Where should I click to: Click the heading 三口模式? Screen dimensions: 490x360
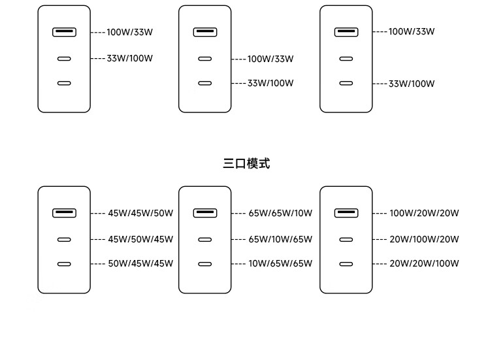[246, 163]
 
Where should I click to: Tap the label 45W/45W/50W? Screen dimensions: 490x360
[140, 213]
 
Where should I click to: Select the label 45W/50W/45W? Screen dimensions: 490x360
[140, 239]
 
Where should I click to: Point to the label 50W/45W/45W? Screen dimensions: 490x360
[140, 263]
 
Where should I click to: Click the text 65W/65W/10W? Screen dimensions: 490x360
[280, 213]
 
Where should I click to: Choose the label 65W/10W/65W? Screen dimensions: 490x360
[280, 239]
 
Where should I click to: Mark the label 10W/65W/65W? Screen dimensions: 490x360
[280, 263]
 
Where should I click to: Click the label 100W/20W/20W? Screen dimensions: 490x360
[424, 213]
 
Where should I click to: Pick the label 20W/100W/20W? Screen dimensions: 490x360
[424, 239]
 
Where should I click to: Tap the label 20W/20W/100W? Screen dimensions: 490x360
[424, 263]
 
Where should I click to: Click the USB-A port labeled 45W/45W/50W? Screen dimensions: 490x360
[64, 213]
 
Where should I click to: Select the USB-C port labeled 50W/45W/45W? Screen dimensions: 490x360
[64, 264]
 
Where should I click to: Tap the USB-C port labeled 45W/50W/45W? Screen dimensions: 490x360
[64, 240]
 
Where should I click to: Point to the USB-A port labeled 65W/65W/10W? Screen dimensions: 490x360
[205, 213]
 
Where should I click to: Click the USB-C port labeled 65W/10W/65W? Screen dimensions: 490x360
[205, 240]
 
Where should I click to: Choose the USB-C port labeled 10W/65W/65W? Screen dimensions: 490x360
[205, 264]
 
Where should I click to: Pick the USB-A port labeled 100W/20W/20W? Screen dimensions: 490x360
[346, 213]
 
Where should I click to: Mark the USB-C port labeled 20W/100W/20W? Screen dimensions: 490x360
[346, 240]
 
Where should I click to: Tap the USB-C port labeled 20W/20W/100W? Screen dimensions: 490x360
[346, 264]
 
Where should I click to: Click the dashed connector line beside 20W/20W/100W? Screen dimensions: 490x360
[380, 264]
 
